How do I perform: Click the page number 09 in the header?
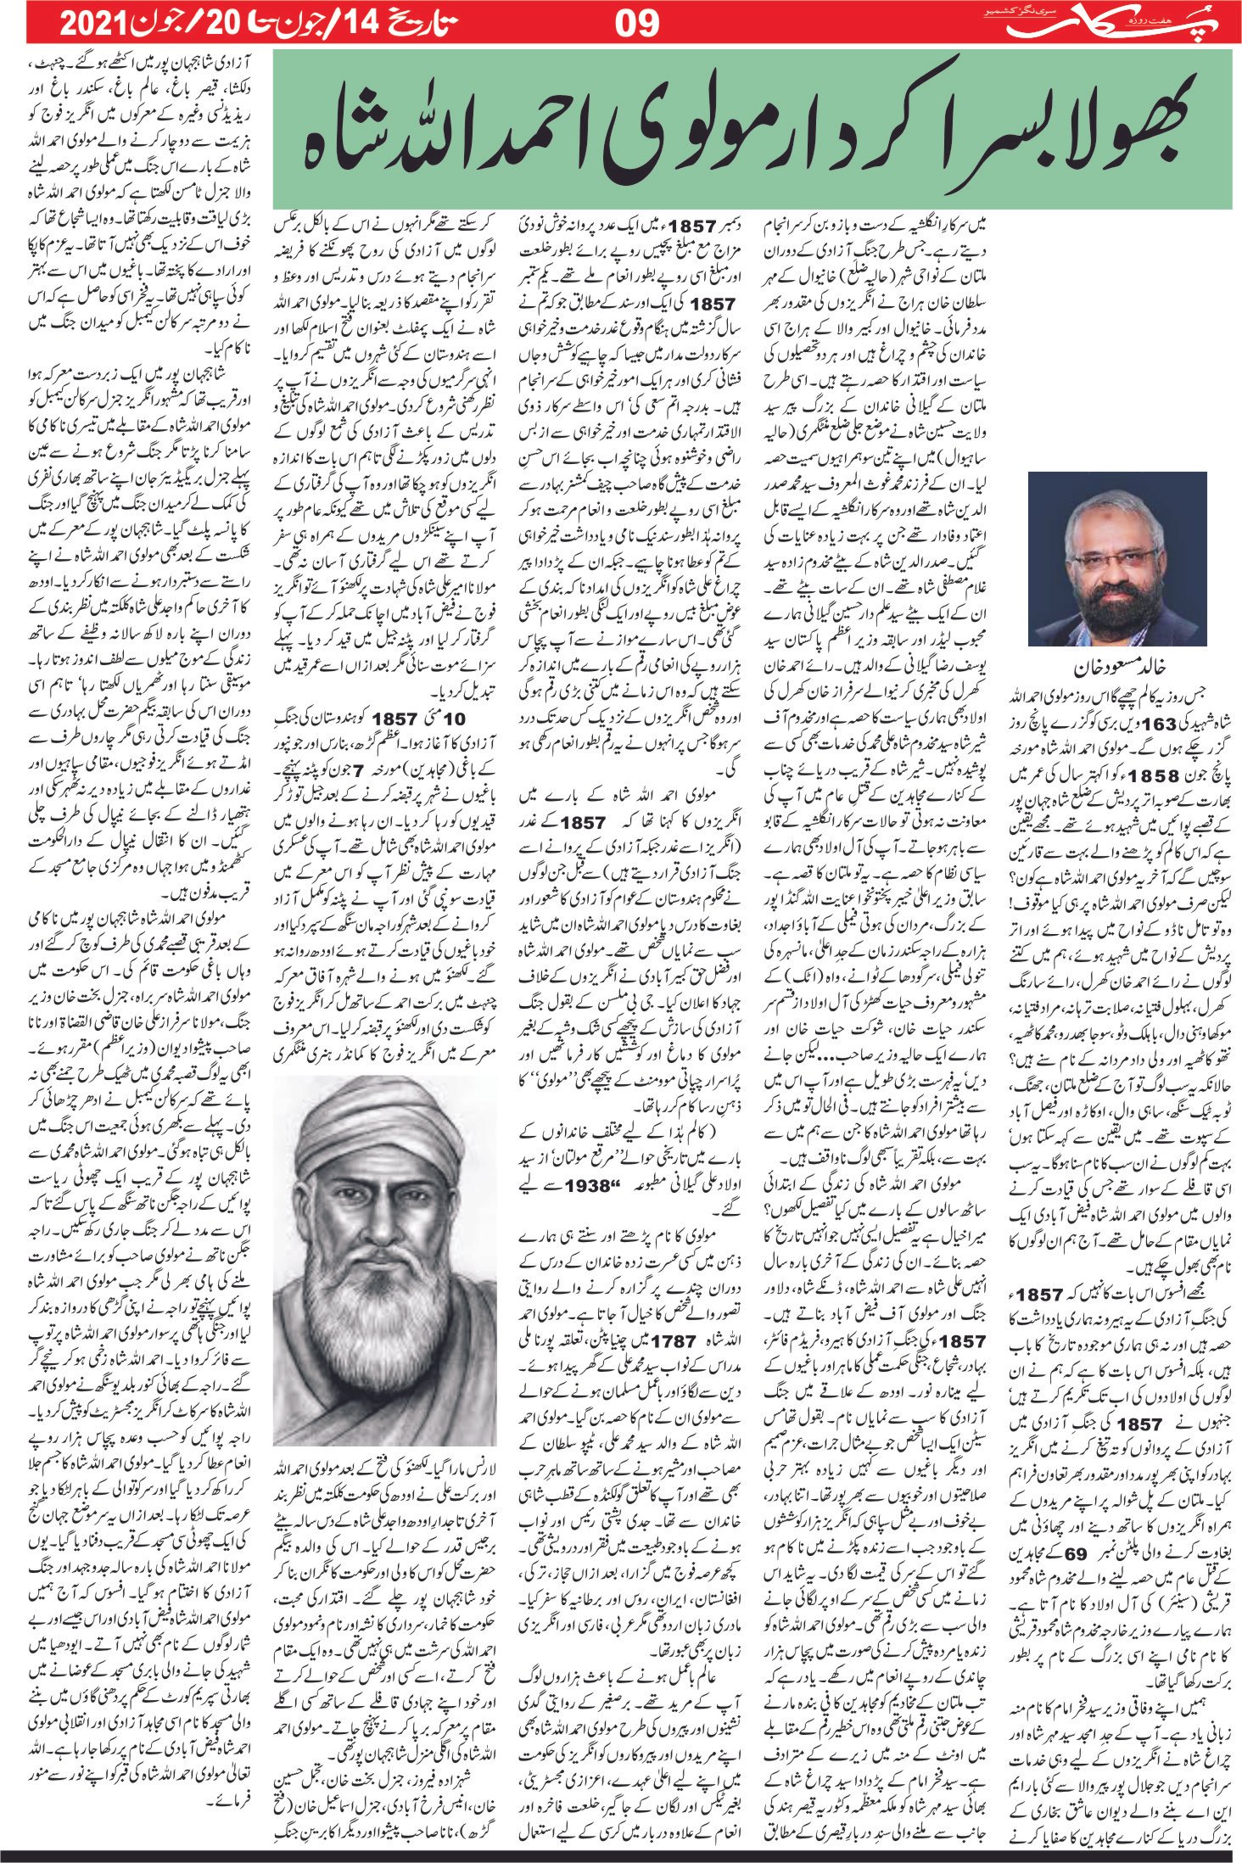(x=636, y=22)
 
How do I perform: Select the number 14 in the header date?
(x=353, y=22)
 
